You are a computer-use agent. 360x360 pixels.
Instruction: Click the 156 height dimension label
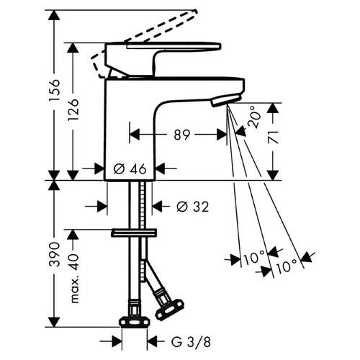[54, 90]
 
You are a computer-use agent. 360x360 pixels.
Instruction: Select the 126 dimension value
[73, 110]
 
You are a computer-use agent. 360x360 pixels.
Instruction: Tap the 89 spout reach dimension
[182, 135]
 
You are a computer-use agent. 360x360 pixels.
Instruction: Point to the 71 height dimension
[273, 138]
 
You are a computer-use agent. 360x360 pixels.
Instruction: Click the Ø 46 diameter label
[130, 168]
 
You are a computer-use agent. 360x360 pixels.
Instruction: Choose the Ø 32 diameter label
[193, 207]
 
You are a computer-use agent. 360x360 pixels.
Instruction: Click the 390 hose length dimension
[54, 254]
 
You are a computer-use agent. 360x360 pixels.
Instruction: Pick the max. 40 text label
[74, 279]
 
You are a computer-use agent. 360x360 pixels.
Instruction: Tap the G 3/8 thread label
[191, 341]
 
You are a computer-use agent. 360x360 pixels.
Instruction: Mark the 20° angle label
[254, 117]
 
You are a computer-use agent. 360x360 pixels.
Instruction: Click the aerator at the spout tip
[225, 100]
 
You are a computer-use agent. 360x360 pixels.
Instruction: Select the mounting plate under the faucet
[134, 233]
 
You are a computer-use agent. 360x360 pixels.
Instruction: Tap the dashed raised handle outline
[144, 43]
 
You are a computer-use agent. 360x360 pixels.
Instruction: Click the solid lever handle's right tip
[221, 46]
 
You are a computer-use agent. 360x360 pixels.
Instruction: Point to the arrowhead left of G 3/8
[117, 341]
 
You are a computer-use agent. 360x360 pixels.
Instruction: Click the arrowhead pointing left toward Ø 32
[158, 206]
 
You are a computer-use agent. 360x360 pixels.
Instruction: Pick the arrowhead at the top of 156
[54, 16]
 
